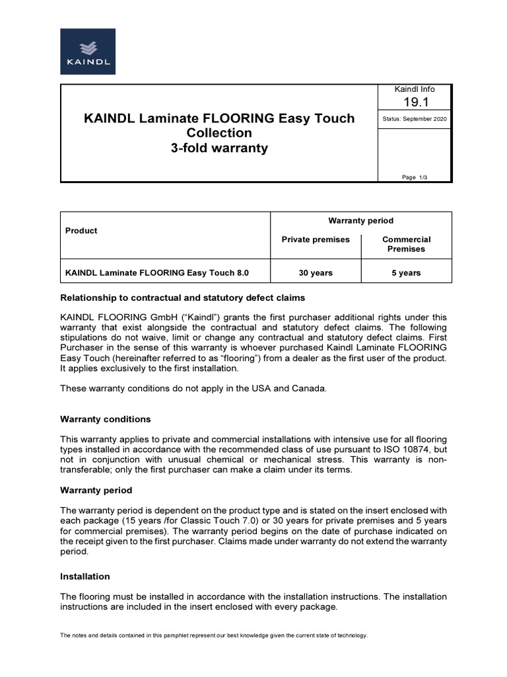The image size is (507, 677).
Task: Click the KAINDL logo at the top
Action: pos(88,51)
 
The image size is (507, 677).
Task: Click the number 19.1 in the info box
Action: pos(415,102)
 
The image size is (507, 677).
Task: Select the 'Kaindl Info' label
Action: pos(415,89)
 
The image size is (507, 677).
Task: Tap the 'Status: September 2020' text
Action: pos(415,119)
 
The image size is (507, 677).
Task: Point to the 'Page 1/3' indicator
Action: pos(415,177)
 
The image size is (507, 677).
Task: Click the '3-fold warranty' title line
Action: pos(219,148)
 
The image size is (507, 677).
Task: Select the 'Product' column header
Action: pos(81,231)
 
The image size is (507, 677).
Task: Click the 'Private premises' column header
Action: pos(316,239)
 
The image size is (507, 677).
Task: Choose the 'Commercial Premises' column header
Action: pos(407,244)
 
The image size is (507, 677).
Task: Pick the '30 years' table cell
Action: pos(316,273)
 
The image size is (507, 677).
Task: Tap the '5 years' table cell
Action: pos(406,273)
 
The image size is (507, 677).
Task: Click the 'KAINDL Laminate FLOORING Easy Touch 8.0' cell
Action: pos(157,273)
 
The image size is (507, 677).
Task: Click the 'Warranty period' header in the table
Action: pos(361,221)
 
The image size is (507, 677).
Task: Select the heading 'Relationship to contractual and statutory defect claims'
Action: pos(183,298)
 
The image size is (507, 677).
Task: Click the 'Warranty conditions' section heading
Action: pos(106,419)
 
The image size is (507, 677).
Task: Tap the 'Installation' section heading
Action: pos(85,577)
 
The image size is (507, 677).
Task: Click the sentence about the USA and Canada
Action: pos(193,388)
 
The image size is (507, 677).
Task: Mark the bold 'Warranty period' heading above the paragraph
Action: pos(96,491)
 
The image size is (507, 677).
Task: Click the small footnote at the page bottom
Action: pos(214,635)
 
